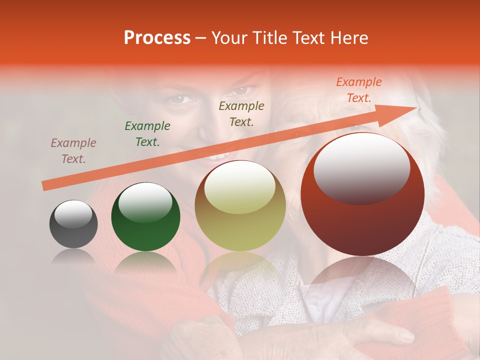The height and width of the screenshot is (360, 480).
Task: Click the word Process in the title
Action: pos(157,38)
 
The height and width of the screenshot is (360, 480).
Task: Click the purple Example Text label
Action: pos(73,151)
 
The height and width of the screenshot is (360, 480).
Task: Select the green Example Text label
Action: pos(147,134)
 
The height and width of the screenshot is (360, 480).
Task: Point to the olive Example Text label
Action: pos(241,114)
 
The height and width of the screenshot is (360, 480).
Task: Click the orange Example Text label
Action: pos(359,90)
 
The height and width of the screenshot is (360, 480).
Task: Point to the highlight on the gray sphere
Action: pos(73,214)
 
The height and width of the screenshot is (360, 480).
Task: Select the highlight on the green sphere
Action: pos(145,201)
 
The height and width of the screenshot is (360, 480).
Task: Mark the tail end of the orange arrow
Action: pos(45,185)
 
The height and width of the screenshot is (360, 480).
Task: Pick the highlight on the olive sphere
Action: pos(239,187)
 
